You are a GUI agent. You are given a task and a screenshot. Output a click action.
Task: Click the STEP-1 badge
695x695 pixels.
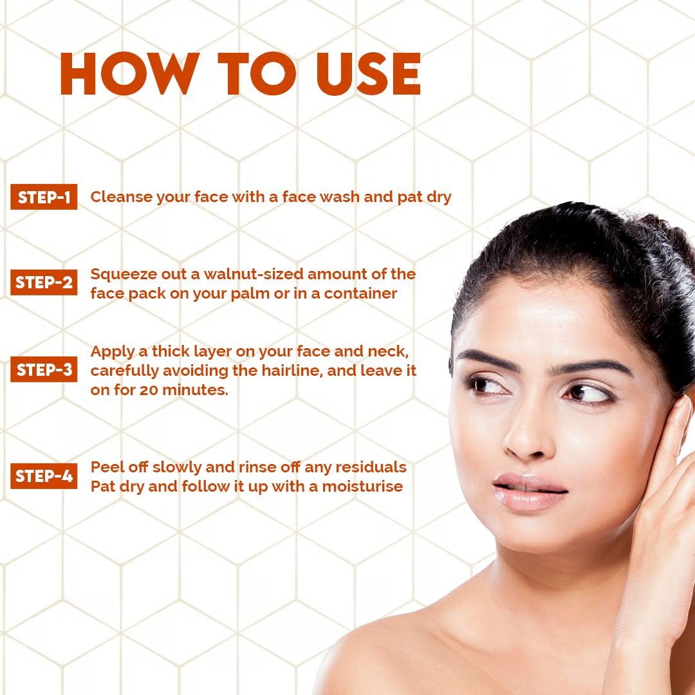point(44,198)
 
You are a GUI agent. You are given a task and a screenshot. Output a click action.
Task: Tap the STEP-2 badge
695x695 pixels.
point(44,283)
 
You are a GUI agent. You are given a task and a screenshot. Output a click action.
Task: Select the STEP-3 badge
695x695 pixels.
point(44,370)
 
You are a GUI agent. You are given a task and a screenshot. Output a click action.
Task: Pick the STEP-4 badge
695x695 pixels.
point(44,476)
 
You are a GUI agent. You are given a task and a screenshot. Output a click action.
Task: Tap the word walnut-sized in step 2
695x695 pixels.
point(254,274)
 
